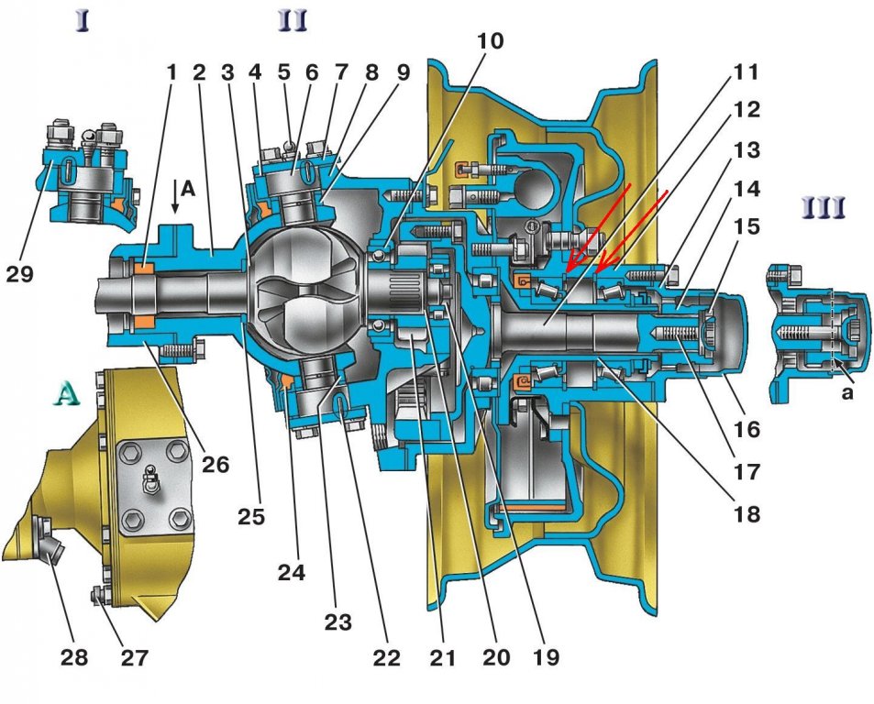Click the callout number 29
(20, 275)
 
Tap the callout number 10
(490, 40)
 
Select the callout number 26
(216, 464)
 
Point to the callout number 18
(747, 513)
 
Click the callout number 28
(74, 657)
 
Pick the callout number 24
(292, 572)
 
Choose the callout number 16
(747, 429)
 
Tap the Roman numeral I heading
(82, 21)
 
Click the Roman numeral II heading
(293, 21)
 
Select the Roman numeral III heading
(824, 207)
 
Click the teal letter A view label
(67, 395)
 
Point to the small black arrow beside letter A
(175, 197)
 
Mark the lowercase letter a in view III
(847, 392)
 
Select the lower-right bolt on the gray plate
(180, 521)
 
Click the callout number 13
(747, 149)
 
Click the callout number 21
(443, 657)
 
